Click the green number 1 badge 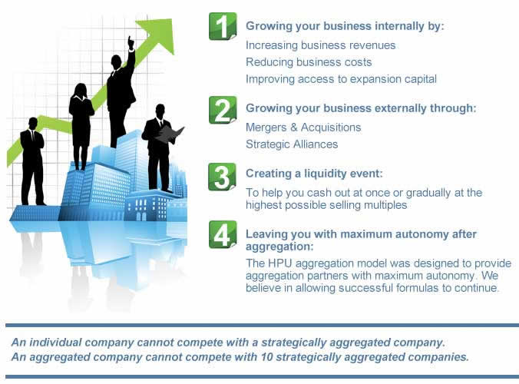(x=223, y=26)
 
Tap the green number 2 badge (x=223, y=111)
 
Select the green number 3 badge (x=223, y=177)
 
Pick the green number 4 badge (x=223, y=234)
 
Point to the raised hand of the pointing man (x=131, y=43)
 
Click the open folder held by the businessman (x=170, y=134)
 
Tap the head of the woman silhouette (x=81, y=90)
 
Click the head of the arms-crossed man (x=33, y=124)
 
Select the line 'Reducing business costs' (x=309, y=62)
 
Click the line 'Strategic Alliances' (x=292, y=144)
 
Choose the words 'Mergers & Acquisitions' (x=303, y=127)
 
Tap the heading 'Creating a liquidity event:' (x=314, y=174)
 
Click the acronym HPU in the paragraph (x=280, y=263)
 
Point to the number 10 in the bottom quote (x=266, y=357)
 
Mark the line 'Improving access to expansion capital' (x=341, y=79)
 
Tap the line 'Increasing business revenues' (x=320, y=45)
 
